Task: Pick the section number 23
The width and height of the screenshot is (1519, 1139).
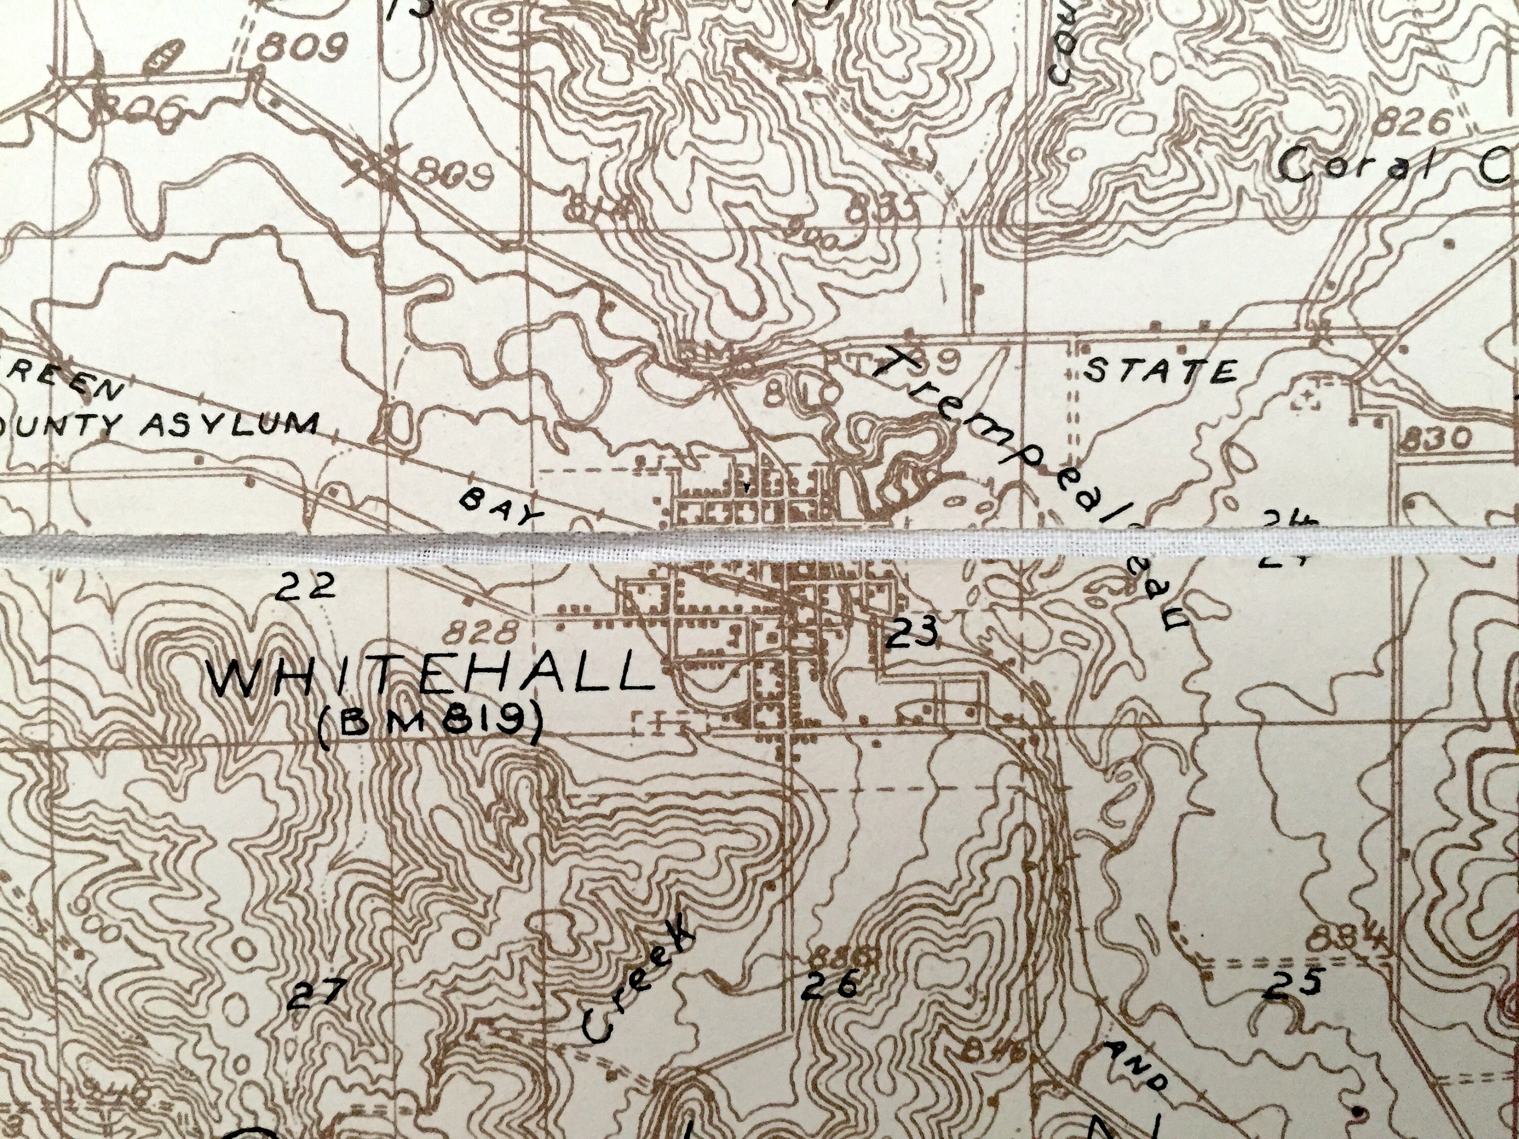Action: coord(911,632)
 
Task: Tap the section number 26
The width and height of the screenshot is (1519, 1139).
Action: coord(829,985)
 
